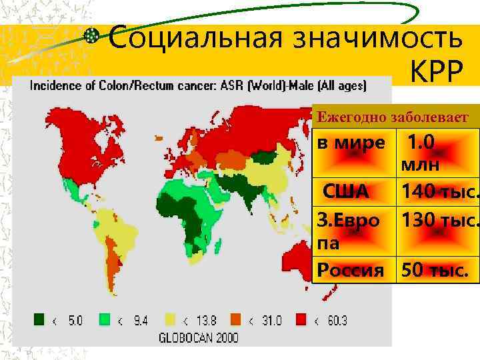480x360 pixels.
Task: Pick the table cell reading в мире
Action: pyautogui.click(x=351, y=143)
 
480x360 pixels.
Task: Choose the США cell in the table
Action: pyautogui.click(x=346, y=192)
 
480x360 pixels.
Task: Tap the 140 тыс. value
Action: pyautogui.click(x=440, y=192)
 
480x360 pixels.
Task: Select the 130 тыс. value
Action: pyautogui.click(x=440, y=221)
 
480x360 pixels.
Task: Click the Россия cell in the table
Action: pyautogui.click(x=351, y=271)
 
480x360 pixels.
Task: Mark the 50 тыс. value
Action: pyautogui.click(x=433, y=271)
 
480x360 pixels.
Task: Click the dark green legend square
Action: pyautogui.click(x=39, y=319)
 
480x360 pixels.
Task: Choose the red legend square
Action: pyautogui.click(x=301, y=319)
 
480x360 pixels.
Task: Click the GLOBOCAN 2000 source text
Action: pyautogui.click(x=198, y=337)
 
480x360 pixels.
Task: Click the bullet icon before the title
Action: pyautogui.click(x=95, y=37)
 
